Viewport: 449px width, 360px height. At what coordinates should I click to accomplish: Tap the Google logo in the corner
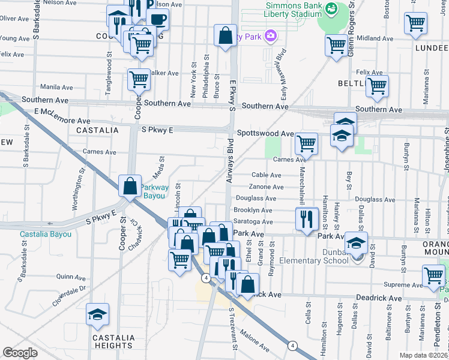(x=20, y=353)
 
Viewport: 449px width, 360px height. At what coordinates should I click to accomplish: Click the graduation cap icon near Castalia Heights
(x=96, y=316)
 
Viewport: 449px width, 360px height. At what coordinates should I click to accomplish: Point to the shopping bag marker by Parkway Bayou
(x=130, y=186)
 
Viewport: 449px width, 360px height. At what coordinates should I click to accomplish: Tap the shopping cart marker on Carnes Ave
(x=306, y=143)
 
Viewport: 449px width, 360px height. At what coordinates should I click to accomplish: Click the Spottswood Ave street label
(x=265, y=133)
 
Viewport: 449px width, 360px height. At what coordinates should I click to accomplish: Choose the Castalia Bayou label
(x=46, y=234)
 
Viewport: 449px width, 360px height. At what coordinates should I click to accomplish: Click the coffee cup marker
(x=158, y=19)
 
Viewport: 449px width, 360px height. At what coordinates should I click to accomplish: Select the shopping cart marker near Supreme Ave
(x=433, y=275)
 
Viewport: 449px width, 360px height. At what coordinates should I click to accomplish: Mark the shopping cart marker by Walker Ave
(x=139, y=79)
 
